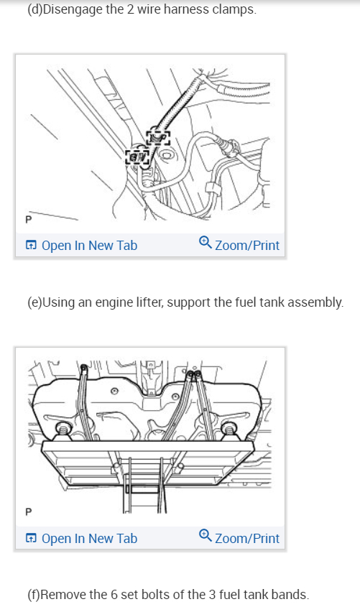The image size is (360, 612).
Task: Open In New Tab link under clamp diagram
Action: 89,245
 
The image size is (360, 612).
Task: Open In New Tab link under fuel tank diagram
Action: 89,538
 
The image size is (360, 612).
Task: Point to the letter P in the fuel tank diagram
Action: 29,512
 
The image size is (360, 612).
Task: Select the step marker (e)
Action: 34,302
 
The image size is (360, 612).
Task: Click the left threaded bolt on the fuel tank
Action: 61,431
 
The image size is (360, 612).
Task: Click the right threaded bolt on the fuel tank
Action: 231,431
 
